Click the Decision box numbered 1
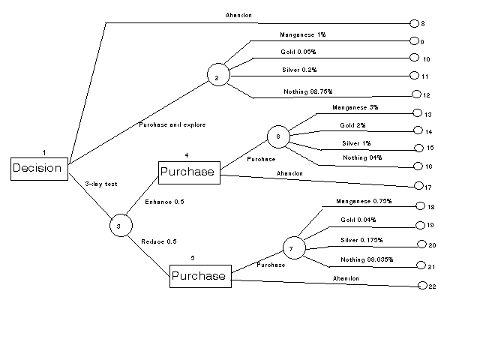tap(37, 168)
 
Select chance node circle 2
tap(217, 77)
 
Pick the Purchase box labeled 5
tap(198, 275)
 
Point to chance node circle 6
tap(277, 136)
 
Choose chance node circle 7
tap(294, 247)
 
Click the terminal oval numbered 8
tap(415, 24)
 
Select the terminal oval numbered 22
tap(422, 286)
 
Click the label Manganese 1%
tap(302, 34)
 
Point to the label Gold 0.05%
tap(298, 52)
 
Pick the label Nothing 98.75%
tap(305, 91)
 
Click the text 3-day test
tap(100, 183)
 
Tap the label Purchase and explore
tap(172, 124)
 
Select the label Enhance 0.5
tap(163, 202)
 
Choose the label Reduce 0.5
tap(158, 241)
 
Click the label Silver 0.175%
tap(361, 240)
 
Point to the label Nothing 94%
tap(361, 158)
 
